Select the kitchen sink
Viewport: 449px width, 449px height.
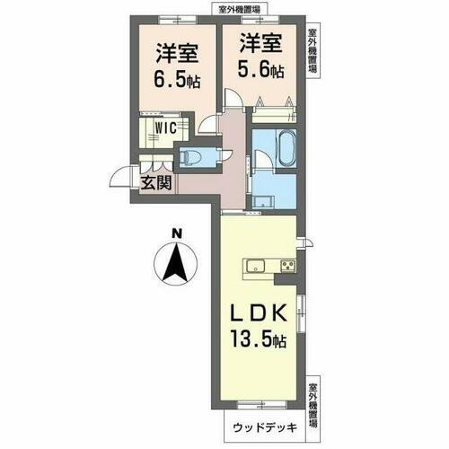[x=254, y=265]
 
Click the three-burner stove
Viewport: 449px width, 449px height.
[x=288, y=265]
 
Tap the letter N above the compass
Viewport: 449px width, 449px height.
[x=177, y=236]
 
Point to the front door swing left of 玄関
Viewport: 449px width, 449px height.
[x=122, y=178]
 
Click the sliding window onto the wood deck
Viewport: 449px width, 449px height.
[x=257, y=406]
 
